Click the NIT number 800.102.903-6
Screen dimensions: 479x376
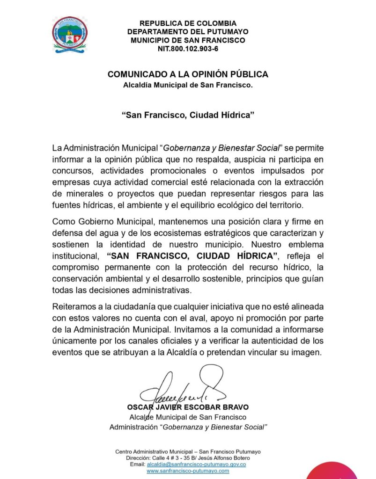coord(188,49)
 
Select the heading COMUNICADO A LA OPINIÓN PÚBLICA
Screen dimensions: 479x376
coord(188,74)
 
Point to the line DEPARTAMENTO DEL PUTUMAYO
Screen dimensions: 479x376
coord(188,31)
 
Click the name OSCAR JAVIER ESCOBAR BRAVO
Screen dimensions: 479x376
coord(188,407)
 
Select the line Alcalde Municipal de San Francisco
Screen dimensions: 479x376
coord(188,417)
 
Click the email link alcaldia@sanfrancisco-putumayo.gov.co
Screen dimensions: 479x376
coord(196,464)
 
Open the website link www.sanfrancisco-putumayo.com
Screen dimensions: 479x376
coord(188,471)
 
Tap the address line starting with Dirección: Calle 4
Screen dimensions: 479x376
coord(188,457)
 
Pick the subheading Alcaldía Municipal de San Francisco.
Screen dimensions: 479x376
coord(188,85)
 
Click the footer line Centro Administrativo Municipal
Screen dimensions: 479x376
coord(188,451)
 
